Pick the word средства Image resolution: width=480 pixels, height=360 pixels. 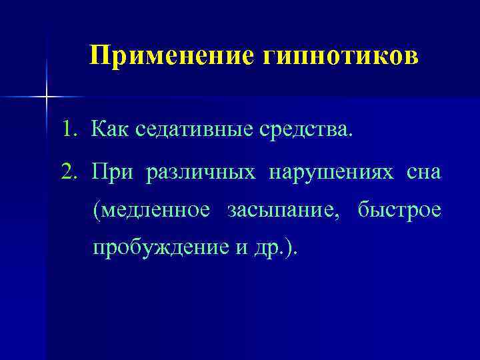point(308,129)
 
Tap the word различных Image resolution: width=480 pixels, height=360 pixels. point(201,173)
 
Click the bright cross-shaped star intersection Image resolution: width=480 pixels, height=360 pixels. point(46,97)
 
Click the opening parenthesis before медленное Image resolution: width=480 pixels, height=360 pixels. point(97,211)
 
